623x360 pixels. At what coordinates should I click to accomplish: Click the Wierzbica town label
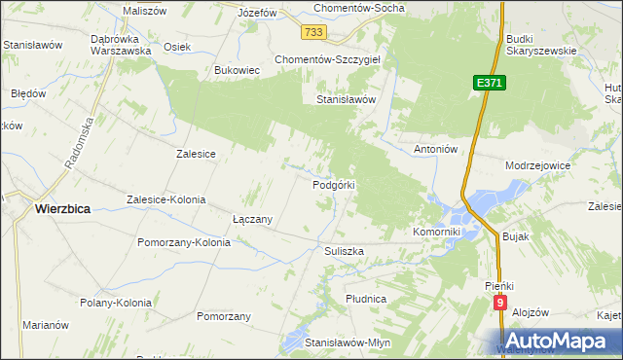pos(63,207)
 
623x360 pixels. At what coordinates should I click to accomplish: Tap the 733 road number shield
pos(312,33)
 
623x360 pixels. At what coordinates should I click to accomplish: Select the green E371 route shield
pos(490,85)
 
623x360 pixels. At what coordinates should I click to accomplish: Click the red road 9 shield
pos(500,304)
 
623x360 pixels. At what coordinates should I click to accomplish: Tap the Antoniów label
pos(436,149)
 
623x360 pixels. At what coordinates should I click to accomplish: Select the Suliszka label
pos(344,251)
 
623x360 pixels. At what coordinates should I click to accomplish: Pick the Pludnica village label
pos(366,298)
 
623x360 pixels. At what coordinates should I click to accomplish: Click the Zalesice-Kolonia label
pos(166,199)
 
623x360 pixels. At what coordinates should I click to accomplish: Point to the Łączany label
pos(252,219)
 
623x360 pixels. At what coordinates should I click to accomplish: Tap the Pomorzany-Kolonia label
pos(184,242)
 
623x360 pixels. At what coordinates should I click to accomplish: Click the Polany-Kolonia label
pos(116,303)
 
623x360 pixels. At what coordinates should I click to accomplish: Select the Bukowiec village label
pos(237,71)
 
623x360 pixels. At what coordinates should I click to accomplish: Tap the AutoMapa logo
pos(555,341)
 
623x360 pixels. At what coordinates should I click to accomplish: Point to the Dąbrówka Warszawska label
pos(120,45)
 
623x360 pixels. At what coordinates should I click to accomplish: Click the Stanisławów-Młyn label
pos(348,343)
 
